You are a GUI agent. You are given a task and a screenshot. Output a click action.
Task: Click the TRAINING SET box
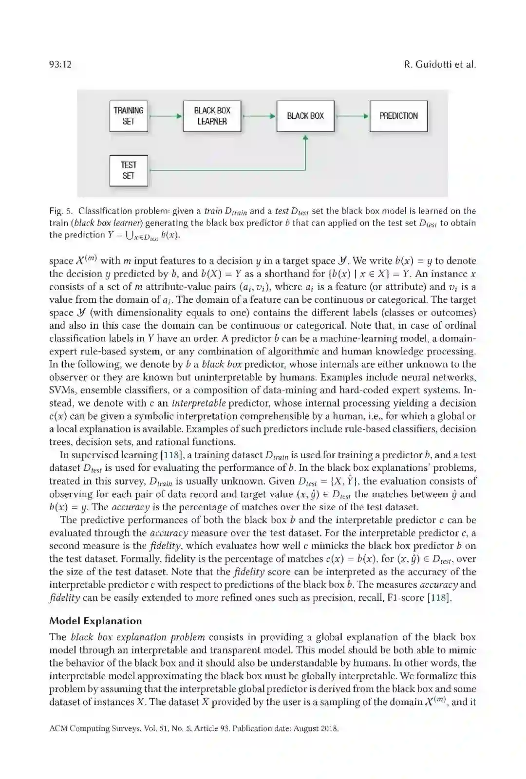pyautogui.click(x=129, y=116)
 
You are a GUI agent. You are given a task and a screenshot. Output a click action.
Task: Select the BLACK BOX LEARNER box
pyautogui.click(x=212, y=116)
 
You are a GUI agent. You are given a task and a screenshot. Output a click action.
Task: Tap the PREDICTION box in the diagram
pyautogui.click(x=398, y=116)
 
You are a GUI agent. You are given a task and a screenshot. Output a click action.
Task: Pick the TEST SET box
pyautogui.click(x=129, y=170)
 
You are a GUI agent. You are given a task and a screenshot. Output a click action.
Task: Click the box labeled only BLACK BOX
pyautogui.click(x=305, y=116)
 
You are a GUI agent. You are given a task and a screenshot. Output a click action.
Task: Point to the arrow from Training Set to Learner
pyautogui.click(x=166, y=116)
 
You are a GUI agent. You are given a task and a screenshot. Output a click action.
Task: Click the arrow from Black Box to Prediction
pyautogui.click(x=352, y=116)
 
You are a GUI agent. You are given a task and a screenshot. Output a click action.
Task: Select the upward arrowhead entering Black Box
pyautogui.click(x=305, y=138)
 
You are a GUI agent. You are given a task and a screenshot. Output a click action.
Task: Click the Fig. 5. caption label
pyautogui.click(x=61, y=211)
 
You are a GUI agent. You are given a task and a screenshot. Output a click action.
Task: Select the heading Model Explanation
pyautogui.click(x=95, y=621)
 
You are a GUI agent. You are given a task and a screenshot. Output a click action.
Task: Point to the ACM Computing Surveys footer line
pyautogui.click(x=194, y=729)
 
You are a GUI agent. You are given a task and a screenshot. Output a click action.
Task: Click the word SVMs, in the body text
pyautogui.click(x=62, y=390)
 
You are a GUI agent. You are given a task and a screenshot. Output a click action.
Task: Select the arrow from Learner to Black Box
pyautogui.click(x=259, y=116)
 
